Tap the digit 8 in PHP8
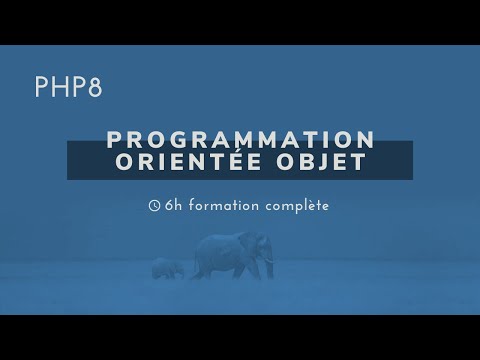tap(95, 88)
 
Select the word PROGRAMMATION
tap(240, 139)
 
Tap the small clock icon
tap(153, 205)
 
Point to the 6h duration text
tap(173, 205)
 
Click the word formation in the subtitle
tap(222, 205)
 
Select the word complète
tap(296, 205)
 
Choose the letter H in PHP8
tap(68, 88)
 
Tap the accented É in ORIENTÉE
tap(237, 161)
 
